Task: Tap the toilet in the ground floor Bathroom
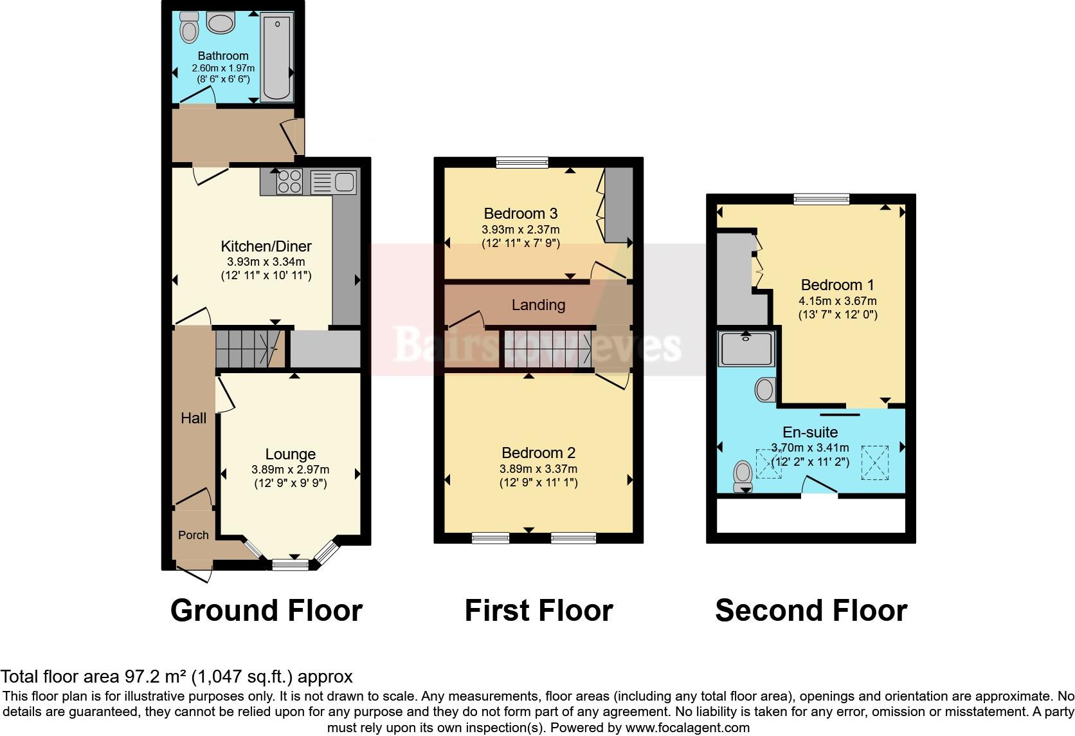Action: (x=190, y=26)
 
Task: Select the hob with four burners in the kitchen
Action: (x=289, y=181)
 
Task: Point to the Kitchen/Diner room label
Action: (x=266, y=246)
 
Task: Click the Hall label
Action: (x=194, y=418)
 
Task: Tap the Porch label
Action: (x=194, y=535)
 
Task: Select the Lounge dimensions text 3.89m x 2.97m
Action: (x=290, y=470)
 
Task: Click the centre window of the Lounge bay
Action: (x=291, y=565)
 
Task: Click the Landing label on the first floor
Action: (x=538, y=305)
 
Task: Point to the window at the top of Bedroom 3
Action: (x=522, y=163)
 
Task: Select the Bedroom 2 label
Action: (x=538, y=453)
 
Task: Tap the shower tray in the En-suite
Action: (x=746, y=349)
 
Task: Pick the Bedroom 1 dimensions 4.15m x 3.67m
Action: (x=837, y=300)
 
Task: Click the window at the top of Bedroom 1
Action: (x=821, y=199)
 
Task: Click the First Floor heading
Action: (x=538, y=611)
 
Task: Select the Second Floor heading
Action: (x=811, y=611)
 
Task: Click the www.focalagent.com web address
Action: (x=687, y=728)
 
